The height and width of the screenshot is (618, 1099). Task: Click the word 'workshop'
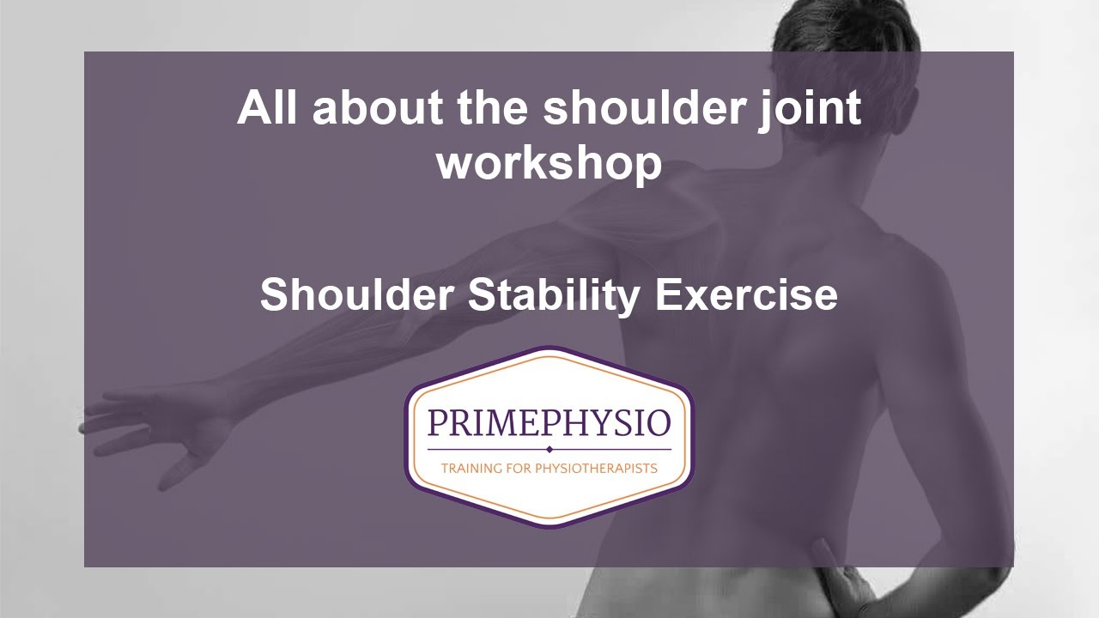tap(549, 162)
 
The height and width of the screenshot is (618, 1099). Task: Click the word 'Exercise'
tap(746, 294)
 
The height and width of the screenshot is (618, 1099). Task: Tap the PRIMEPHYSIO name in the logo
tap(549, 424)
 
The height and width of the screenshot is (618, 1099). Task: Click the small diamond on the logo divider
tap(549, 449)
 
